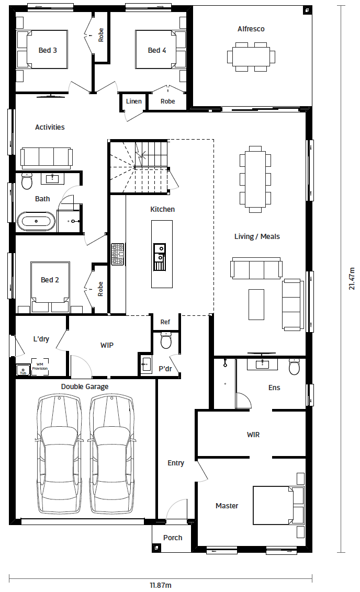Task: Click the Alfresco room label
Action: (x=251, y=29)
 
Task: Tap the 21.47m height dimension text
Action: (x=352, y=279)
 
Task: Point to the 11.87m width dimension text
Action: (x=161, y=585)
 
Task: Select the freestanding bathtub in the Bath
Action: (x=37, y=221)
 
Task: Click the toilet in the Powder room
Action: (x=166, y=340)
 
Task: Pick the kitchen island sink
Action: (x=160, y=257)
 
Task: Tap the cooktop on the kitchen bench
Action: (x=118, y=254)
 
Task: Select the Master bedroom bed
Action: (x=278, y=506)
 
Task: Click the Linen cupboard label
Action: (x=134, y=101)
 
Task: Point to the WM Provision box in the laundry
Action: (x=40, y=367)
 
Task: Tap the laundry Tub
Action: (x=23, y=370)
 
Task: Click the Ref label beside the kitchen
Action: (x=165, y=322)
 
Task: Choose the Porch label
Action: (x=173, y=538)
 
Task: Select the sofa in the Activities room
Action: (x=47, y=158)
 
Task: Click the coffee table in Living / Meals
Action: (x=256, y=304)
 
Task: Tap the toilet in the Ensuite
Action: (x=294, y=366)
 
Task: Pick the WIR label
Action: (x=253, y=435)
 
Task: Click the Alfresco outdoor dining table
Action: (x=251, y=56)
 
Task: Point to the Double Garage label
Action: (x=85, y=387)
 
